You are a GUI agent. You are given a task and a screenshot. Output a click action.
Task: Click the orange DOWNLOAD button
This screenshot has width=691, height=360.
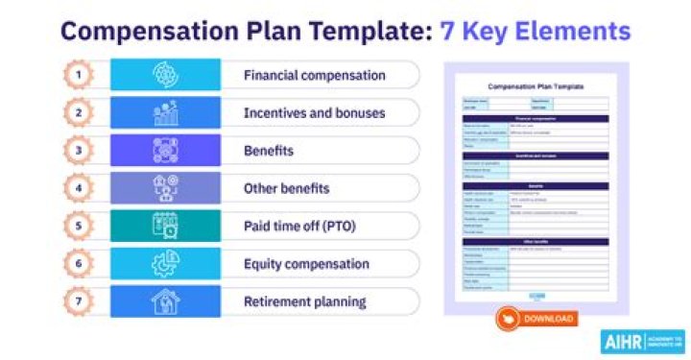tap(536, 319)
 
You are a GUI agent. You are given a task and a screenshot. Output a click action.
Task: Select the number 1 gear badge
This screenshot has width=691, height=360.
tap(81, 75)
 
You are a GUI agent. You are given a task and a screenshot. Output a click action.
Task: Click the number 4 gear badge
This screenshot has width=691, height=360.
tap(81, 188)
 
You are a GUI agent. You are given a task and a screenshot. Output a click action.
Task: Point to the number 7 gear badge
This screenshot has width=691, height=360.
tap(81, 301)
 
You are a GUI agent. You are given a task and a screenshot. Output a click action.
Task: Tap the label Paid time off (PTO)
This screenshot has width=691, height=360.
tap(296, 227)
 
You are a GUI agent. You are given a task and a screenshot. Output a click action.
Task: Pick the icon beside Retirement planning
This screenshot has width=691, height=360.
tap(165, 301)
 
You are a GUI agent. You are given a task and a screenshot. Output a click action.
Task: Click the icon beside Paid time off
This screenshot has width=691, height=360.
tap(165, 227)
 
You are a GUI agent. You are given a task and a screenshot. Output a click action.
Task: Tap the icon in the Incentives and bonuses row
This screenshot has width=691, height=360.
tap(165, 113)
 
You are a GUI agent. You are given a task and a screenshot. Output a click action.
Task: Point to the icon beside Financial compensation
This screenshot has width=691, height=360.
tap(165, 75)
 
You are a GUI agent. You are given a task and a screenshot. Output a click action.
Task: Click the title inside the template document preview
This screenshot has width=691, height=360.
tap(536, 86)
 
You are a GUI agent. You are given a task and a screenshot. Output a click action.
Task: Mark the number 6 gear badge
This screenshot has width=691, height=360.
tap(81, 264)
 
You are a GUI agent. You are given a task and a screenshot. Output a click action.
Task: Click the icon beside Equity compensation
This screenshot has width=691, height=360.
tap(165, 264)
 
